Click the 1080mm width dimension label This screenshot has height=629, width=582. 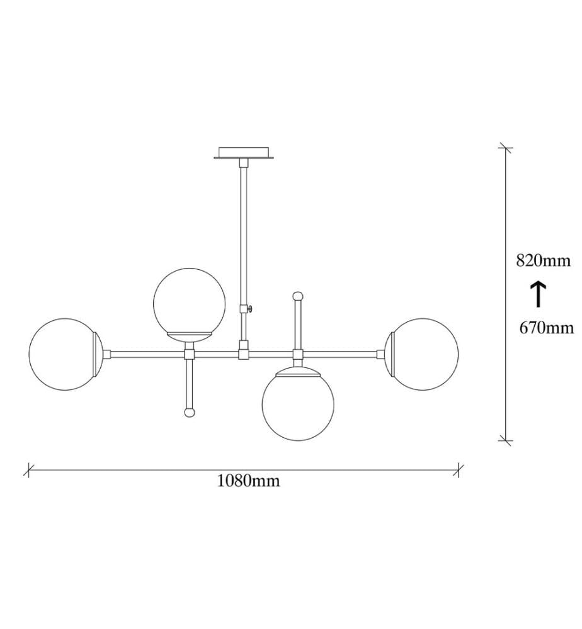[248, 480]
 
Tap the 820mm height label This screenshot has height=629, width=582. [543, 261]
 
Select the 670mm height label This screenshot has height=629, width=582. [547, 328]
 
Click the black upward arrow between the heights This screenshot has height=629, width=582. [538, 294]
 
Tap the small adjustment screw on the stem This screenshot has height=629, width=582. [250, 308]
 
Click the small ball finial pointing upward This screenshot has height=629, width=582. [298, 296]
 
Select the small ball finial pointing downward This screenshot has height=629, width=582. [189, 413]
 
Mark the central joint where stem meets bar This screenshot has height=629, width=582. [244, 354]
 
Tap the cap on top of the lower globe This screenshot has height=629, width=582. [298, 372]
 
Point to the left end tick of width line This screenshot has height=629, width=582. [28, 470]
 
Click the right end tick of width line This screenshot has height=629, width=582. [459, 470]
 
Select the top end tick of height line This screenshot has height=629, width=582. [505, 148]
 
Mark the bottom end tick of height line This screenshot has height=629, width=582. [505, 440]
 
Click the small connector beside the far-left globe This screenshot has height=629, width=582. [107, 354]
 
